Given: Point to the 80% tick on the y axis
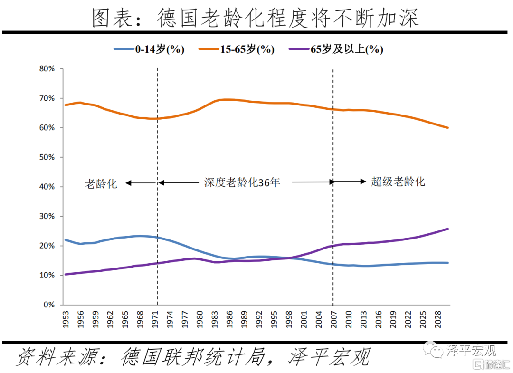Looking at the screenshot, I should point(47,69).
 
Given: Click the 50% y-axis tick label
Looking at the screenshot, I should point(47,157).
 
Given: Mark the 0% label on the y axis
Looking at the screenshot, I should point(49,305).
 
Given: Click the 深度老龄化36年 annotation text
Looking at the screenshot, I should point(242,182).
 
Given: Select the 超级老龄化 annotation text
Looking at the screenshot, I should point(398,182).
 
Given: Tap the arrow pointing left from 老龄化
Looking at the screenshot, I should point(141,183).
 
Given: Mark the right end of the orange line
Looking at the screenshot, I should point(448,127).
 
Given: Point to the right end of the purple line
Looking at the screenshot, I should point(448,229).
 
